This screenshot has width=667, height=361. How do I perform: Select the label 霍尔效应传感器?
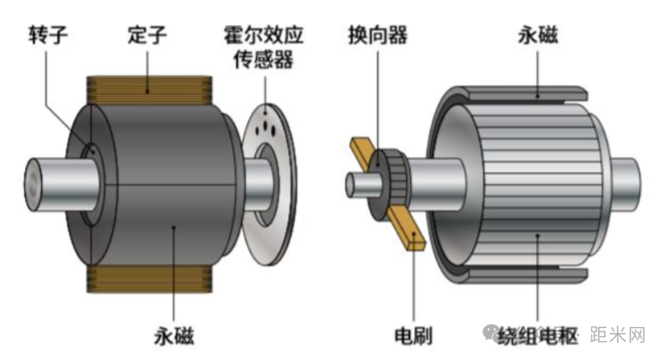(x=264, y=48)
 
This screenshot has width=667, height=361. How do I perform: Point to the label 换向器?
(x=377, y=35)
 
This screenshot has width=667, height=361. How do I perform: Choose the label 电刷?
(x=413, y=337)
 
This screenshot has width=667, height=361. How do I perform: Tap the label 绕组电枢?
(x=536, y=337)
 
